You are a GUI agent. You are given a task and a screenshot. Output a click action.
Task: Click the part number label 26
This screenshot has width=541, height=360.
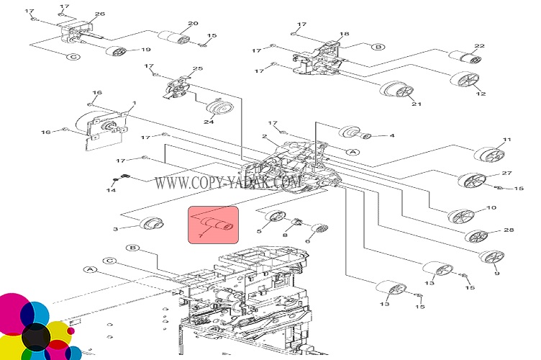click(x=100, y=14)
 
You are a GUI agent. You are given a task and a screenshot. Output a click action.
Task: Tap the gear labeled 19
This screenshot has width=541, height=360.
click(x=114, y=53)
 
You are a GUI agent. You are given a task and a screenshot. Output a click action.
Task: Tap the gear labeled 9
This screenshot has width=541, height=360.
click(x=491, y=257)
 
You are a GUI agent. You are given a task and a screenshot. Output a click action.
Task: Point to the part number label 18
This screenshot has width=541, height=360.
click(x=345, y=35)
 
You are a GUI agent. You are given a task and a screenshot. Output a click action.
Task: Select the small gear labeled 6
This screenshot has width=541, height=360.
click(x=319, y=230)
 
